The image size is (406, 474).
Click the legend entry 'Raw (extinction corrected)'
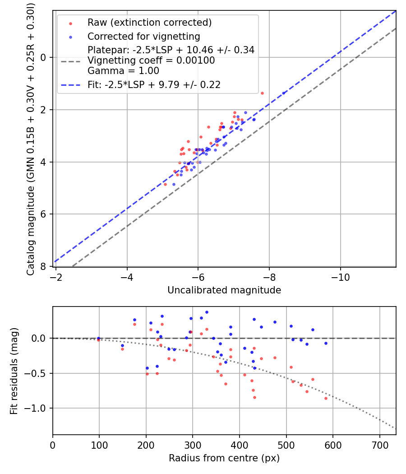point(149,23)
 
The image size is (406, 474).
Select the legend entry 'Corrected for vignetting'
point(144,36)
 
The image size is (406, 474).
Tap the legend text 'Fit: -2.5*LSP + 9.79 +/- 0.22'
point(154,84)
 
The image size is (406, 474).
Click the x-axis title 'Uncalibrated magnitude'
point(224,290)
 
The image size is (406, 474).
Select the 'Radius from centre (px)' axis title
point(224,458)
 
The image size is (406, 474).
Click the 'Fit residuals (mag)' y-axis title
point(14,371)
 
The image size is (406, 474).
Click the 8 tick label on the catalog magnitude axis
point(44,267)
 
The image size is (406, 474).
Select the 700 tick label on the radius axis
point(379,445)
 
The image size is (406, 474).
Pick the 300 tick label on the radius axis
point(193,445)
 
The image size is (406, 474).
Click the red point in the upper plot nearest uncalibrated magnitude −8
point(262,93)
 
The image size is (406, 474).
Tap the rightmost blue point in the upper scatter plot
point(284,93)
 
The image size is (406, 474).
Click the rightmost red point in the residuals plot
point(326,398)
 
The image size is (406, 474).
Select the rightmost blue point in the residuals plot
point(326,343)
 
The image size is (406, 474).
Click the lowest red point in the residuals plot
point(326,398)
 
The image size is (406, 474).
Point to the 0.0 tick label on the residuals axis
point(40,338)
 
